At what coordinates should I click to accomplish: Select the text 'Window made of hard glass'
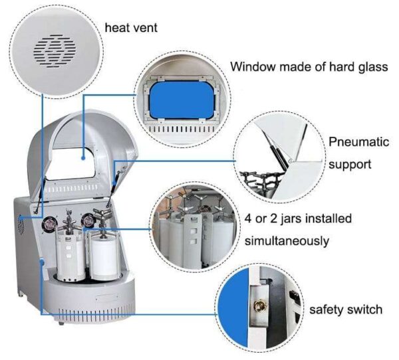309,67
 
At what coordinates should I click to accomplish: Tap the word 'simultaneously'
287,240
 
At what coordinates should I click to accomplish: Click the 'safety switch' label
346,310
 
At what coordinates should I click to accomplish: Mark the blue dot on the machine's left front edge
41,264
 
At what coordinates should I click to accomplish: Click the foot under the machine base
61,322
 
